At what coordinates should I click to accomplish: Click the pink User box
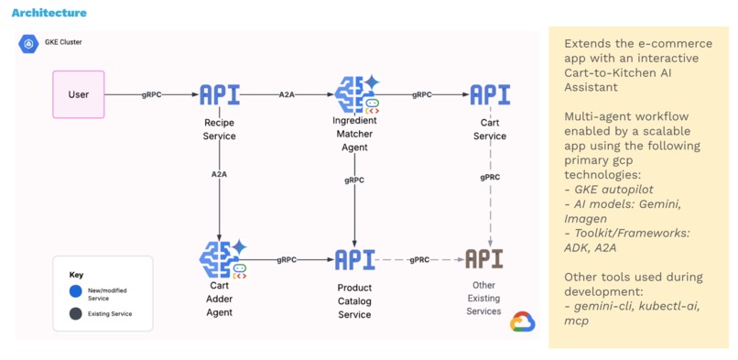click(x=79, y=94)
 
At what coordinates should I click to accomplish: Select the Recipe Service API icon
click(x=219, y=95)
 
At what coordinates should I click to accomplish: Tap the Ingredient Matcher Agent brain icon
click(x=355, y=94)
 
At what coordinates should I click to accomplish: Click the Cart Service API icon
click(x=490, y=95)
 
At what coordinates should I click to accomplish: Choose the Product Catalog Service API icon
click(x=354, y=260)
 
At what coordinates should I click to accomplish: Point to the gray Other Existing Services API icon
click(x=483, y=259)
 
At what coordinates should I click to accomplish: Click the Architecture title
click(x=49, y=13)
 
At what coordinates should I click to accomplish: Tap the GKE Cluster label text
click(x=64, y=42)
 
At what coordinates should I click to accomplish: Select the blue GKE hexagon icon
click(x=28, y=43)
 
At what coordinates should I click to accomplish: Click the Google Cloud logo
click(x=523, y=321)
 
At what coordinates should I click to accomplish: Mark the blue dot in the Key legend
click(x=75, y=292)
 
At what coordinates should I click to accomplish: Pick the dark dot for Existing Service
click(x=75, y=314)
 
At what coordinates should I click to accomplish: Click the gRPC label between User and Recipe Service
click(x=152, y=95)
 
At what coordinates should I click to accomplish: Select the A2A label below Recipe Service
click(x=219, y=174)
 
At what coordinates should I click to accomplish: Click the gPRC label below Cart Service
click(x=490, y=177)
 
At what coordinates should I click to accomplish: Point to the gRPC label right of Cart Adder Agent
click(x=287, y=260)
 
